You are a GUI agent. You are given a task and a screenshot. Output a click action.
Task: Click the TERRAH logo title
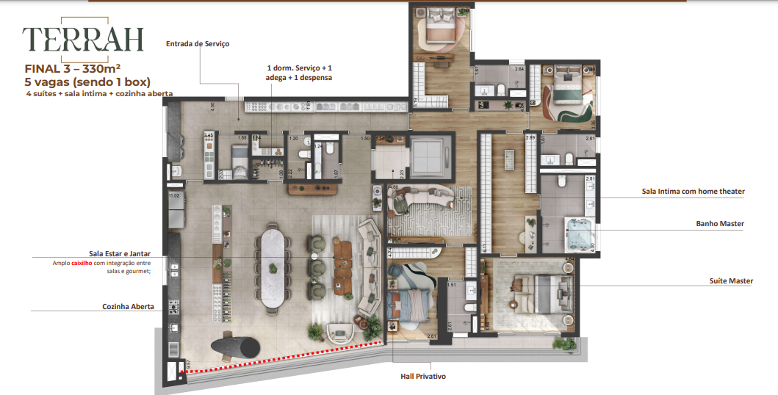click(82, 38)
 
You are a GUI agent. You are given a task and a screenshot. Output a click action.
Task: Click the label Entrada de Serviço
click(198, 44)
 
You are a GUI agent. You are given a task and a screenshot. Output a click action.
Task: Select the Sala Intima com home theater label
click(693, 192)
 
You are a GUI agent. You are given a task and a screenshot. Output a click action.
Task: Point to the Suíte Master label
click(730, 281)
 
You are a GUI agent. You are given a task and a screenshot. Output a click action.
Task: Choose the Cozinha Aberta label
click(128, 307)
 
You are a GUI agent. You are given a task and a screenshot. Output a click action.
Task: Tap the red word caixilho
click(81, 263)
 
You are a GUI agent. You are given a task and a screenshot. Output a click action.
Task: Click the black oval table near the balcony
click(235, 347)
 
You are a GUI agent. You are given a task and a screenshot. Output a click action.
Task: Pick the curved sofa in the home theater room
click(423, 199)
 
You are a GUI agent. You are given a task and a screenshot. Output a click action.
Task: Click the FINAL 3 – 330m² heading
click(72, 69)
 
